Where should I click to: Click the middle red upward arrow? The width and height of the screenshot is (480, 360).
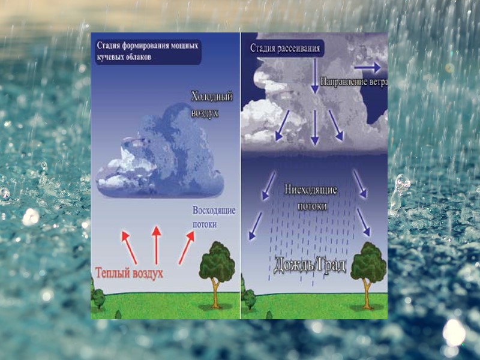(157, 245)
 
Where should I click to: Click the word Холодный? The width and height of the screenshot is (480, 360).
(211, 97)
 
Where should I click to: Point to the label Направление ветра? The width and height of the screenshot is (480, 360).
(352, 80)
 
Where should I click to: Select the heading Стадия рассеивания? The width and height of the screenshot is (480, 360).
(284, 48)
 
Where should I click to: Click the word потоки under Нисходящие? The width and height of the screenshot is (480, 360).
(310, 206)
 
